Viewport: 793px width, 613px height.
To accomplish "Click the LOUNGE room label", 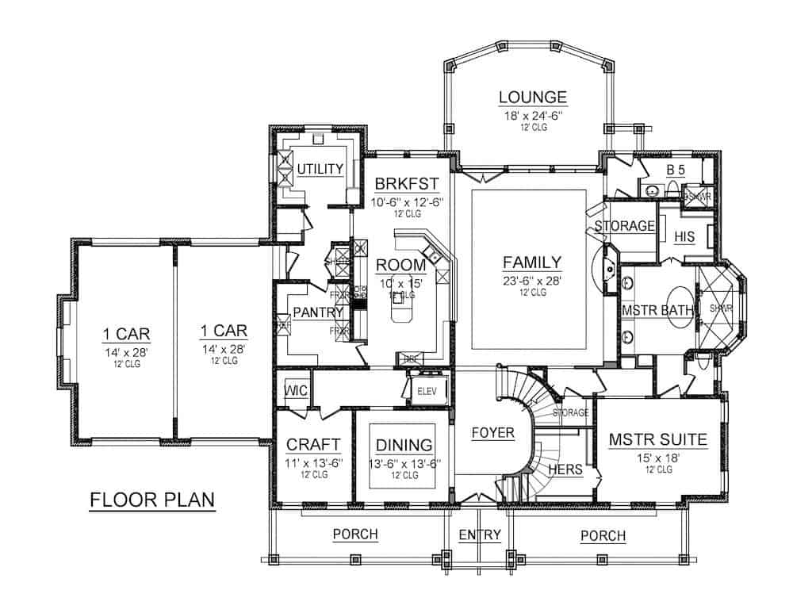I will pos(533,98).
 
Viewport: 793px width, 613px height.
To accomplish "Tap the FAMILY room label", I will pos(532,262).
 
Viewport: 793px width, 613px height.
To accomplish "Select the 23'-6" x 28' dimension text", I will pos(532,280).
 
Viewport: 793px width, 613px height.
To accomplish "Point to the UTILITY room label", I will pos(320,168).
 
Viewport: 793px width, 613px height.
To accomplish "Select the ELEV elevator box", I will pos(429,390).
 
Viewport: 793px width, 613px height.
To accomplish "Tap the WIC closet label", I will pos(296,390).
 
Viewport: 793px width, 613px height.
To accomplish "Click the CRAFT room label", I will pos(313,444).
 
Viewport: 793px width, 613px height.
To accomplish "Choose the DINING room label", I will pos(404,445).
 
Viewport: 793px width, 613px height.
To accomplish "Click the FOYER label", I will pos(492,432).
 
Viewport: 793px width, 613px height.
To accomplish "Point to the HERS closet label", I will pos(566,469).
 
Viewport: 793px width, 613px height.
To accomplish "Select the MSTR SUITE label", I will pos(657,439).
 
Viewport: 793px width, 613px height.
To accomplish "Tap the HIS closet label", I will pos(684,236).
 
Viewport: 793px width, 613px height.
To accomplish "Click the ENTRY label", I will pos(480,535).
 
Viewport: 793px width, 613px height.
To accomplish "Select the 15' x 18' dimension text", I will pos(657,457).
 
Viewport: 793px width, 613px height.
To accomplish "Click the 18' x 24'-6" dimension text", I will pos(533,115).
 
